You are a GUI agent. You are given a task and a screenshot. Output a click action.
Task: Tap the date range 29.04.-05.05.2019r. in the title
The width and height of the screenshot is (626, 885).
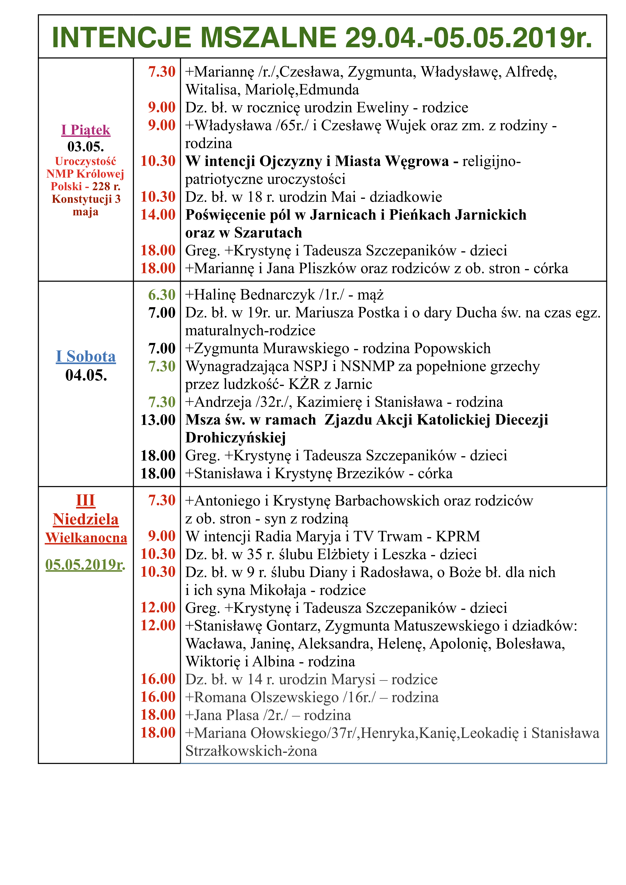pos(468,38)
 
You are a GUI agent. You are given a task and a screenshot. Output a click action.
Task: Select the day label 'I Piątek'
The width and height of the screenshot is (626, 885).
pos(86,130)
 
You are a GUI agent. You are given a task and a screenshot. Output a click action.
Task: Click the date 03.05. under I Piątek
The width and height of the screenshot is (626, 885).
pos(86,146)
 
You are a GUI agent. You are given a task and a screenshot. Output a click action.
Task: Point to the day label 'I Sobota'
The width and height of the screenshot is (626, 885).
pos(86,356)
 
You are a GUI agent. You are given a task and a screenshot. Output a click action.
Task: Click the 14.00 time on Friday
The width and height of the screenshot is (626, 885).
pos(158,215)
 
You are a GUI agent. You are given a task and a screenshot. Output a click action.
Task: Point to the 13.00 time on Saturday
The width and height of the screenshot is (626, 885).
pos(158,420)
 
